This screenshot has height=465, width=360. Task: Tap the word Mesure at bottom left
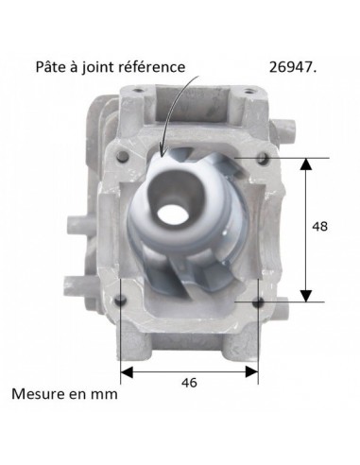39,394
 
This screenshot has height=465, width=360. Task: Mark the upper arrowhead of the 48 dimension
305,163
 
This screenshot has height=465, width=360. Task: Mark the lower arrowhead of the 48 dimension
305,296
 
